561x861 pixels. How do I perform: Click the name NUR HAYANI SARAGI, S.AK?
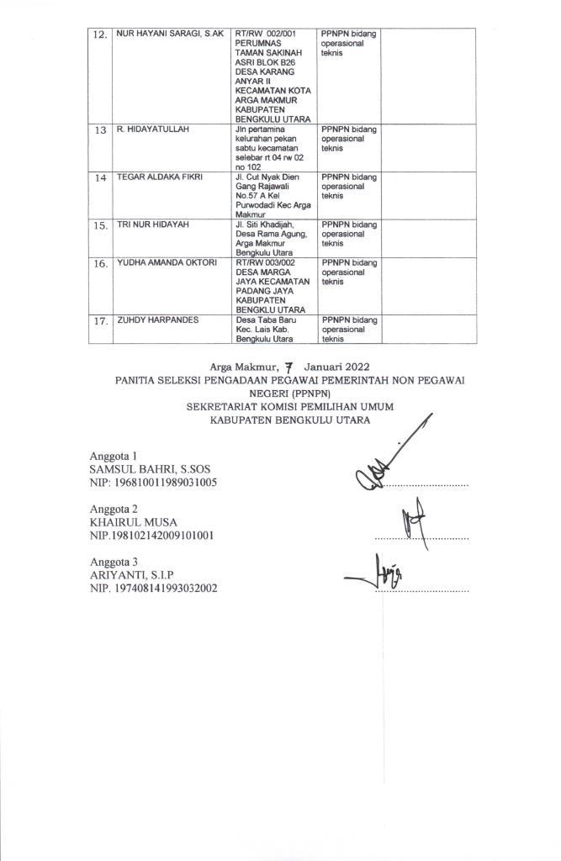coord(169,34)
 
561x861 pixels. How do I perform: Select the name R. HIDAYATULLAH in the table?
coord(152,130)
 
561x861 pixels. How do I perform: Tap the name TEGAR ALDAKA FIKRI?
coord(160,177)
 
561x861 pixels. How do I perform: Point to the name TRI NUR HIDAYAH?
coord(154,225)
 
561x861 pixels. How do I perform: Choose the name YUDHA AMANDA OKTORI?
coord(167,263)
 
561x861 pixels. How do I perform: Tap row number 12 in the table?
coord(100,35)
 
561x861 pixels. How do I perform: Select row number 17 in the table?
coord(100,322)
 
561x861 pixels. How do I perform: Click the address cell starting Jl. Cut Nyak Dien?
coord(273,196)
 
